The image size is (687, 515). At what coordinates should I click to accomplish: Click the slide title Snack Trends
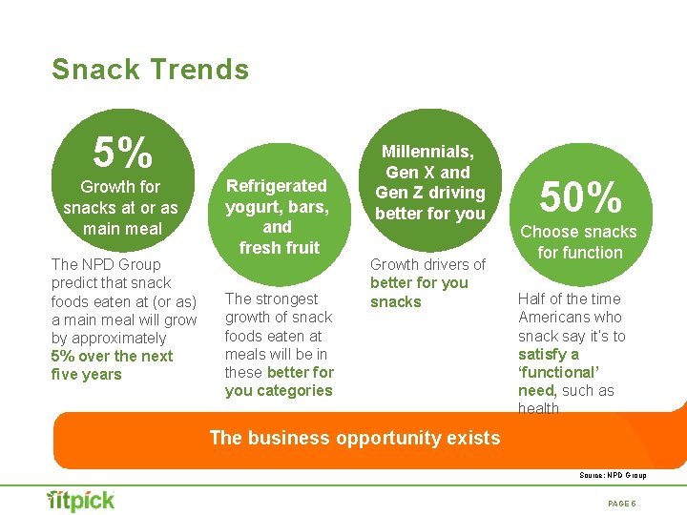point(150,70)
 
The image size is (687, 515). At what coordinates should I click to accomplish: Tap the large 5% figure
point(122,151)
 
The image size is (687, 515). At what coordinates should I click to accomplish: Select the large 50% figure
point(581,197)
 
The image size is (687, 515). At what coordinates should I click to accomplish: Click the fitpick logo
point(81,500)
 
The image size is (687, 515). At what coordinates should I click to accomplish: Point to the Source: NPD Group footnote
point(613,475)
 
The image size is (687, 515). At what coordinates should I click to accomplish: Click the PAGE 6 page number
point(621,503)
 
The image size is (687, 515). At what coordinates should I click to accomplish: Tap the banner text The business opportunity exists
point(354,438)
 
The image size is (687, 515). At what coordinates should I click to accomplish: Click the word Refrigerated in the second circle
point(276,185)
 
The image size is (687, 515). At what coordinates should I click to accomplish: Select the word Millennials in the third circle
point(427,152)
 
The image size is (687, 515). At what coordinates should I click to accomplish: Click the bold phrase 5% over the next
point(112,356)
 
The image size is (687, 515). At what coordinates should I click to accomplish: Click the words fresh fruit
point(279,248)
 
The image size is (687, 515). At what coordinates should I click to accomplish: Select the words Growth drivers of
point(427,264)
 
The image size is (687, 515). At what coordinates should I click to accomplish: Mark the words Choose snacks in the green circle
point(577,232)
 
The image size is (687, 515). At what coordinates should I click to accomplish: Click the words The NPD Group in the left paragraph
point(106,264)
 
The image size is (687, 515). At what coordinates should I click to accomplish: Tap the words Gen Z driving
point(429,193)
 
